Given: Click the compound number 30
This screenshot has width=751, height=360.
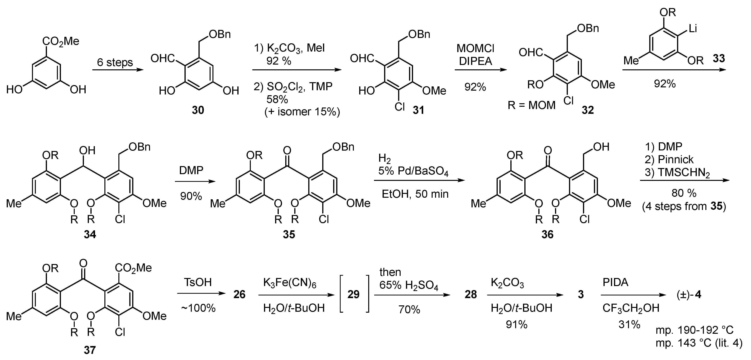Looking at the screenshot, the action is pyautogui.click(x=198, y=110).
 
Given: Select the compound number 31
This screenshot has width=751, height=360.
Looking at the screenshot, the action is pyautogui.click(x=418, y=110).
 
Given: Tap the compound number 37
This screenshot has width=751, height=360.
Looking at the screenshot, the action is pyautogui.click(x=90, y=350).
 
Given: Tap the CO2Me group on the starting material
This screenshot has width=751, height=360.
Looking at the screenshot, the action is pyautogui.click(x=61, y=41).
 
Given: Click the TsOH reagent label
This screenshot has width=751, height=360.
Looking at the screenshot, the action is pyautogui.click(x=198, y=282).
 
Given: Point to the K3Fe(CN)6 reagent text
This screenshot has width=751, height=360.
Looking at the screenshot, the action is pyautogui.click(x=290, y=283).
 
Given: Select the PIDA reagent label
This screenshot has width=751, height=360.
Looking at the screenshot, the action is pyautogui.click(x=615, y=282).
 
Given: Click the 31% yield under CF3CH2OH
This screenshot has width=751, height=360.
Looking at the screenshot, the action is pyautogui.click(x=629, y=324).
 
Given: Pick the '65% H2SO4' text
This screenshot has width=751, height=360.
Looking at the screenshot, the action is pyautogui.click(x=409, y=285).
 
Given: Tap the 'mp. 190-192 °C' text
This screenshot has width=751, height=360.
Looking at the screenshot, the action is pyautogui.click(x=694, y=330).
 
